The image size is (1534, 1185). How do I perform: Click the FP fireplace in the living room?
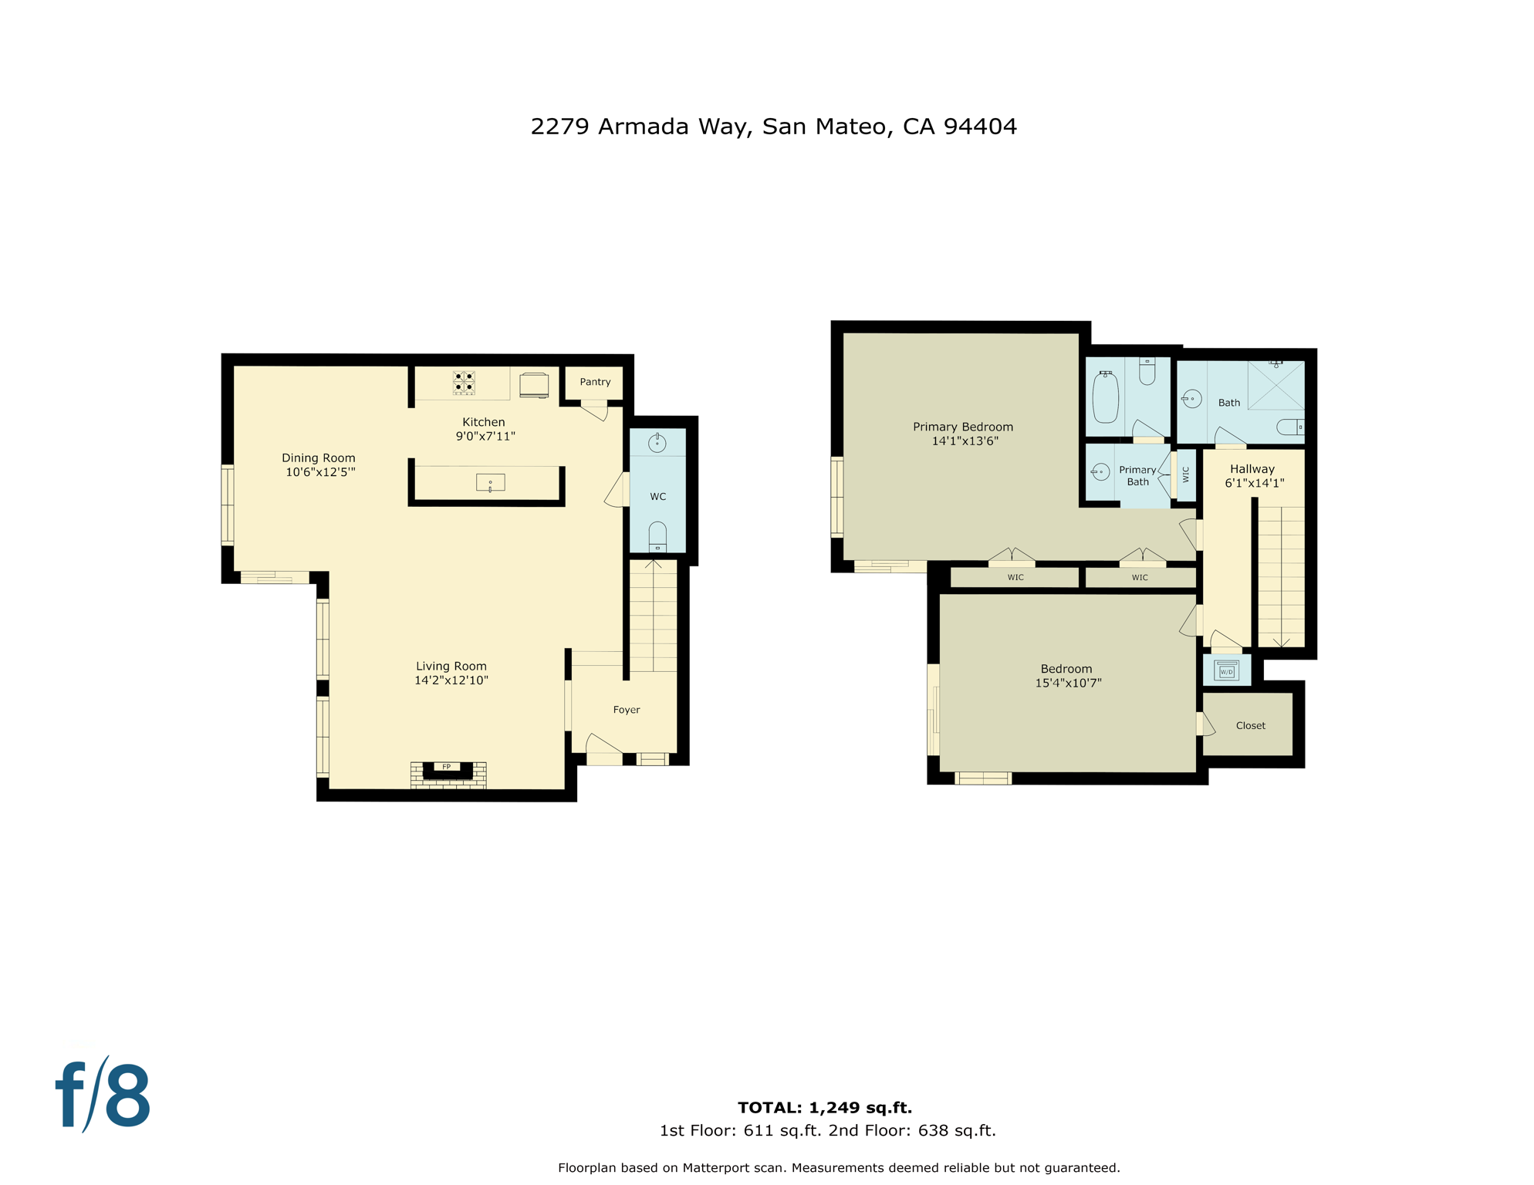coord(448,771)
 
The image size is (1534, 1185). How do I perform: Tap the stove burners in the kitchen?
coord(464,383)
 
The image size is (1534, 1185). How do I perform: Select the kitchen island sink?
coord(490,483)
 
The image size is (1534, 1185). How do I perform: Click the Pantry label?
coord(595,382)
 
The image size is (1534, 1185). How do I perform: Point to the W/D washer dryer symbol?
coord(1226,670)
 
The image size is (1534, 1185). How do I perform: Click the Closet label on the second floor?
coord(1250,725)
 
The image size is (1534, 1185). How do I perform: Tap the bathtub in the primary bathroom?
coord(1105,397)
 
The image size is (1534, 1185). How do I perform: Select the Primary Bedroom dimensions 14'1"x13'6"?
coord(965,441)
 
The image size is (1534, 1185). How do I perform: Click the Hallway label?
coord(1252,469)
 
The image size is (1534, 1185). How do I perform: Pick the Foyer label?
coord(626,710)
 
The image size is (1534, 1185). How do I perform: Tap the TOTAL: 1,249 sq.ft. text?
coord(824,1108)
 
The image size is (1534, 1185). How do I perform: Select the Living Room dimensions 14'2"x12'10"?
coord(451,680)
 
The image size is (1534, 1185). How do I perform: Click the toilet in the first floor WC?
coord(657,537)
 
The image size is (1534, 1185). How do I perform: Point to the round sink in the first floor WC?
coord(657,444)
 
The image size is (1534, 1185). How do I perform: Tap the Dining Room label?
coord(318,458)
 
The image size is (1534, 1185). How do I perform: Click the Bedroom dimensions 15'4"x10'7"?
coord(1068,683)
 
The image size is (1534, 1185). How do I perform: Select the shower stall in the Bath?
coord(1276,385)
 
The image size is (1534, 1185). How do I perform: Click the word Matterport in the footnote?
coord(715,1168)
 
